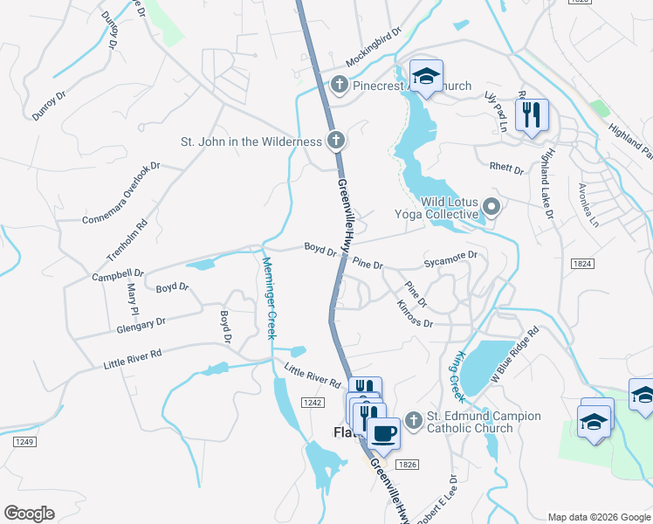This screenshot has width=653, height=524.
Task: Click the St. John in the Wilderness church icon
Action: (x=335, y=141)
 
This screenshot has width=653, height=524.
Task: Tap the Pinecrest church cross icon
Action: (x=340, y=86)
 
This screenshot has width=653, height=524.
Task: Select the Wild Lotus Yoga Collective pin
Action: (x=491, y=208)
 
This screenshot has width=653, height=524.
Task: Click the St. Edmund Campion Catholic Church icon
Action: (x=413, y=422)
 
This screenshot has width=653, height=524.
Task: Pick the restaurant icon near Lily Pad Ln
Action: (x=531, y=114)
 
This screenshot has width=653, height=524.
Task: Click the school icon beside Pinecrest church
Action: (x=426, y=77)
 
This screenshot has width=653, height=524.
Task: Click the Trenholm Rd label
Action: (x=127, y=238)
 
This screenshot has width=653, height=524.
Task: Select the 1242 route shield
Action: (x=315, y=403)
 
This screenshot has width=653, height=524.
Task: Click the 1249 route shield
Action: (x=24, y=442)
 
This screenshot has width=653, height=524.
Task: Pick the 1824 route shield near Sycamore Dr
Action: (x=583, y=263)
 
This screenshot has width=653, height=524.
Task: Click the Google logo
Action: (x=30, y=513)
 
